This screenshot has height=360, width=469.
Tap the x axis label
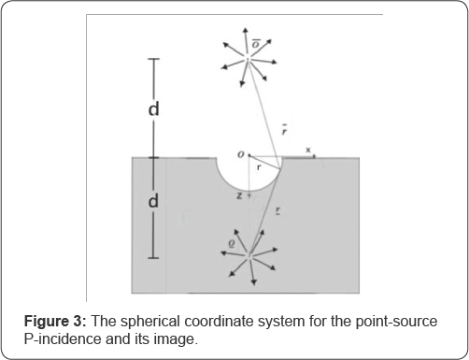tap(308, 150)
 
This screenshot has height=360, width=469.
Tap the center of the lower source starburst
tap(249, 252)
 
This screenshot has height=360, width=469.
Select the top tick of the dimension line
tap(155, 60)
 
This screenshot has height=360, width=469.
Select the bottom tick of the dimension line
tap(155, 257)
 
